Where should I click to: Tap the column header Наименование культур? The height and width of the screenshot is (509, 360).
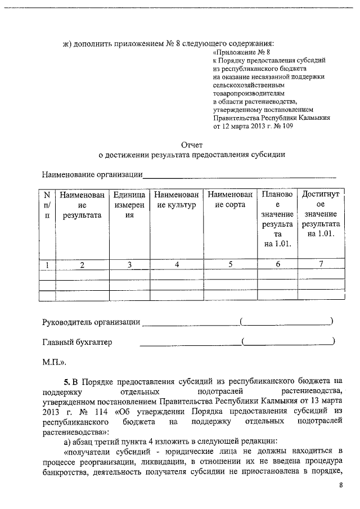click(176, 200)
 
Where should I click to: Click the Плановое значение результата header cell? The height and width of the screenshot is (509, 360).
click(277, 219)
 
